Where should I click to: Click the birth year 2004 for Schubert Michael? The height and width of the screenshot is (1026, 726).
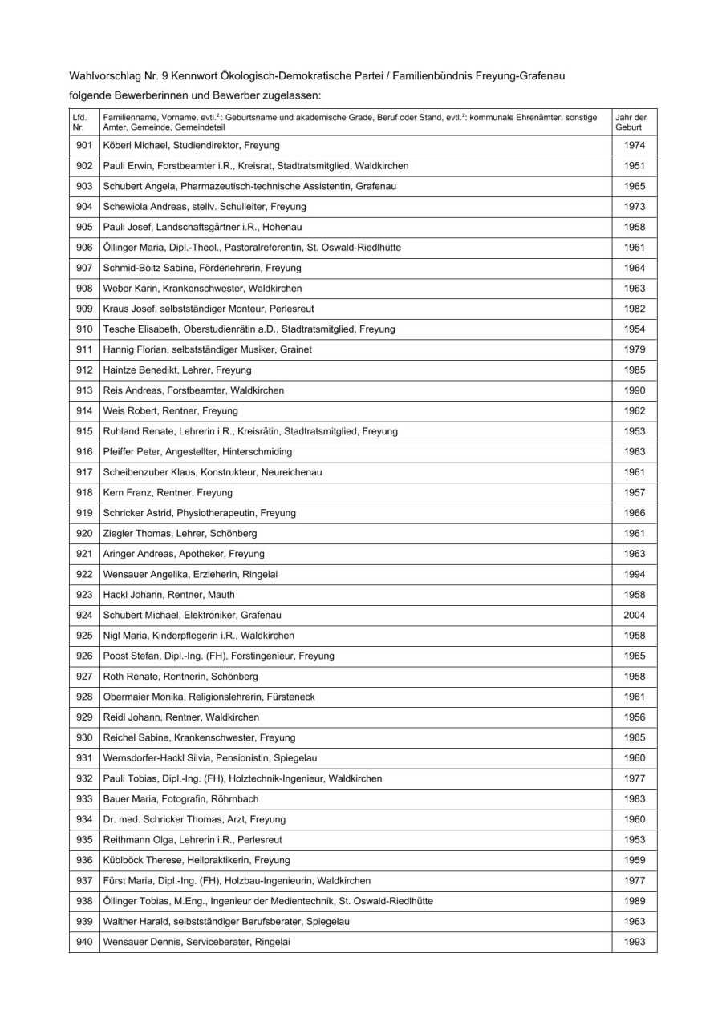coord(634,615)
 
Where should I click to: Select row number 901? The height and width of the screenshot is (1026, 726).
coord(84,145)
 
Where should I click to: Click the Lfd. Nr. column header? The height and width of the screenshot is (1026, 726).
coord(79,122)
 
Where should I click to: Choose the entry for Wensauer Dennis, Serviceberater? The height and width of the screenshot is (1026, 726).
coord(197,942)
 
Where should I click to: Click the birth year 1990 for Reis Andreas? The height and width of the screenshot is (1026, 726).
coord(634,390)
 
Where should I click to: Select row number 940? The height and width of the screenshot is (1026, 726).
coord(84,942)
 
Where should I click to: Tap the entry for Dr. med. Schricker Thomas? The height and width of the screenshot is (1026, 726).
coord(194,819)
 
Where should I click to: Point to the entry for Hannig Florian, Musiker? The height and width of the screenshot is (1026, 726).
coord(208,349)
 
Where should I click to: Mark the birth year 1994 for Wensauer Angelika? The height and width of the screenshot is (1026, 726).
coord(634,574)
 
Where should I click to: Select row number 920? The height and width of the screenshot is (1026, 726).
coord(84,533)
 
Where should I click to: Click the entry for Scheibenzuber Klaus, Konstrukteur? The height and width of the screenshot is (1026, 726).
coord(213,472)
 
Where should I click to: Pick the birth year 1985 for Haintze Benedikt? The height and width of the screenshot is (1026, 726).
coord(634,370)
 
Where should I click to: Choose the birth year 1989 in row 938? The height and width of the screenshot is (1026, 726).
coord(634,901)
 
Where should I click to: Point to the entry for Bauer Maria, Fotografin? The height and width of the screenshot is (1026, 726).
coord(180,798)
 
